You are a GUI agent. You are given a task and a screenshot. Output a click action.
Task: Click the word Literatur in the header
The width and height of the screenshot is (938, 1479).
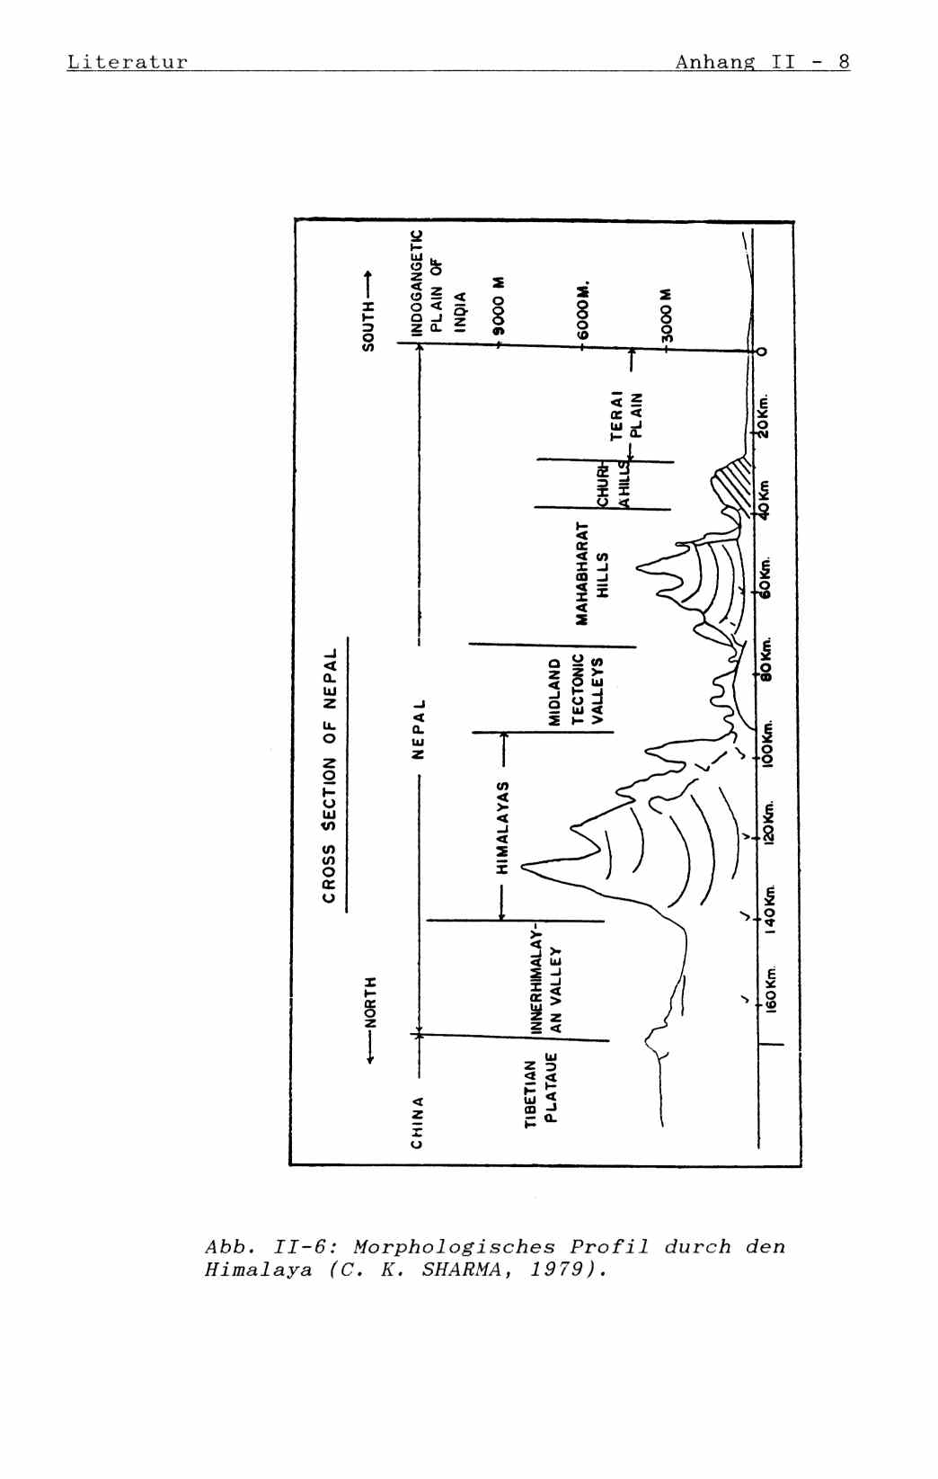pyautogui.click(x=128, y=62)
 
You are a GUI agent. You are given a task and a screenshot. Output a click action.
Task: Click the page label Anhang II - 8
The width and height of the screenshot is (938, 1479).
pyautogui.click(x=762, y=61)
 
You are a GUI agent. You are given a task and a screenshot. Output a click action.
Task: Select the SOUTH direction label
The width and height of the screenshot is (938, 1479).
pyautogui.click(x=367, y=312)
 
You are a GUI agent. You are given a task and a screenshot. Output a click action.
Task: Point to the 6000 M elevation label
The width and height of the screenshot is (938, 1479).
pyautogui.click(x=585, y=311)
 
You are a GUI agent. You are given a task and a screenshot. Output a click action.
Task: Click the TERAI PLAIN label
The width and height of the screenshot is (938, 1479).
pyautogui.click(x=627, y=414)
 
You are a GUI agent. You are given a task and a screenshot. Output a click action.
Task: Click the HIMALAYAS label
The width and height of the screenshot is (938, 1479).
pyautogui.click(x=504, y=827)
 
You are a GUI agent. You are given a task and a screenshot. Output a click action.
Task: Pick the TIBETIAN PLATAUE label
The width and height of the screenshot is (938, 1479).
pyautogui.click(x=541, y=1091)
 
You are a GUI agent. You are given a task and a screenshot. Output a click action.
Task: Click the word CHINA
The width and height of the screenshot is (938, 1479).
pyautogui.click(x=417, y=1121)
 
